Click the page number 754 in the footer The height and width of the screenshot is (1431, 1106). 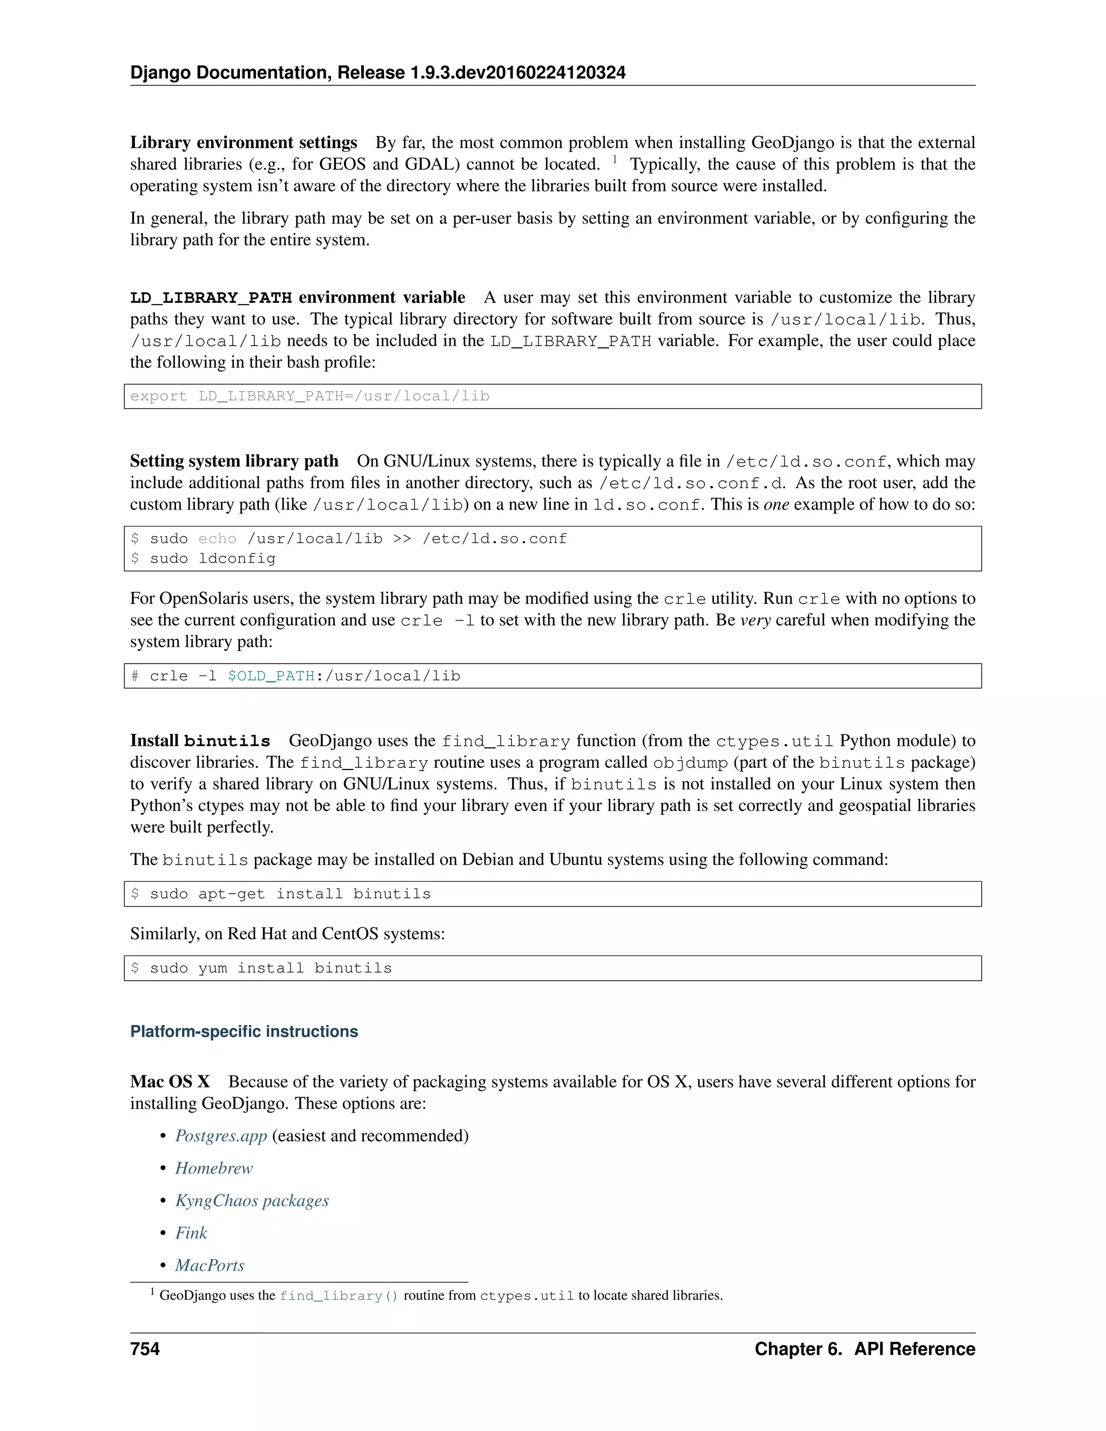(x=145, y=1349)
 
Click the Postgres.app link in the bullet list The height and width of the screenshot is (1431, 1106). (x=221, y=1136)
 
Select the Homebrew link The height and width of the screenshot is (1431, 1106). (x=214, y=1168)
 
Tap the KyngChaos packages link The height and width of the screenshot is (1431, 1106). (x=252, y=1200)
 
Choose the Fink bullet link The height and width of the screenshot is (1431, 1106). (x=191, y=1233)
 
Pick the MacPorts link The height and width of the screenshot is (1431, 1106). (x=209, y=1265)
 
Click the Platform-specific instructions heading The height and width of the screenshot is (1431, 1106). (x=244, y=1031)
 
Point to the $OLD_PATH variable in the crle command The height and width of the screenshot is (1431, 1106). (x=271, y=676)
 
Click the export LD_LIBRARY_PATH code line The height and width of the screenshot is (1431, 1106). (x=309, y=396)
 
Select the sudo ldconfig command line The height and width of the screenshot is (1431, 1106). (x=212, y=559)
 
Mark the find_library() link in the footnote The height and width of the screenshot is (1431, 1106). (x=338, y=1296)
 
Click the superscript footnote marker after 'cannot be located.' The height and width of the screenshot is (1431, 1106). (x=615, y=159)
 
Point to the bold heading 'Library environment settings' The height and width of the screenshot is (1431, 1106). (x=243, y=143)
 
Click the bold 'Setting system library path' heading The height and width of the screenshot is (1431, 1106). (x=234, y=461)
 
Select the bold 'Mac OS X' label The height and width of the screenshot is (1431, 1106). (x=170, y=1082)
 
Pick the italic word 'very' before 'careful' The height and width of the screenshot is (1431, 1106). (x=755, y=620)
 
